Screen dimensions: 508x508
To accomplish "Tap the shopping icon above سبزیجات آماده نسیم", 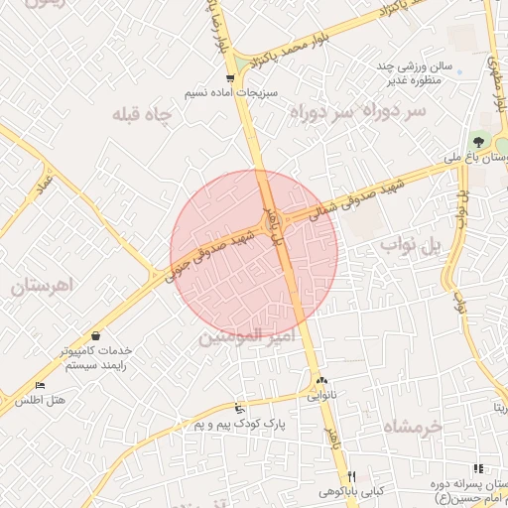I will coord(230,77).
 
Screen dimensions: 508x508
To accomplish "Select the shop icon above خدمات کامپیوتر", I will coord(94,335).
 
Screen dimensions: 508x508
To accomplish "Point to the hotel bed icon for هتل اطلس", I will coord(40,385).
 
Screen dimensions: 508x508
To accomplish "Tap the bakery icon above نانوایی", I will coord(320,381).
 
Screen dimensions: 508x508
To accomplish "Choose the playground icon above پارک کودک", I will coord(238,409).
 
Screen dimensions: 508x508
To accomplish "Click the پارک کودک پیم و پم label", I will coord(239,424).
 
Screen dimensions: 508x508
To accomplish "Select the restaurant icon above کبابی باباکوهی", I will coord(350,476).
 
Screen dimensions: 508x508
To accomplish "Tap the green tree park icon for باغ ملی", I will coord(481,142).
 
